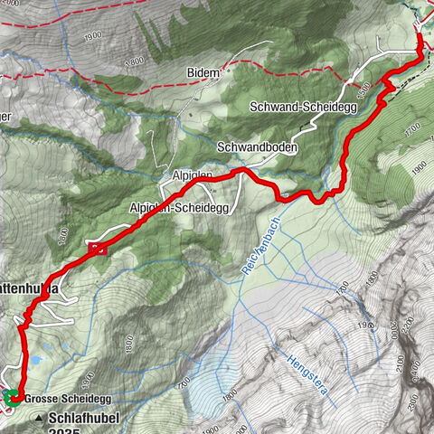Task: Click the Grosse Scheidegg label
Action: tap(60, 398)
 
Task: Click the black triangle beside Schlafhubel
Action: tap(39, 419)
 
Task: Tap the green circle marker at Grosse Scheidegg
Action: tap(10, 396)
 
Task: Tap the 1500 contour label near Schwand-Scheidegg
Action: tap(363, 90)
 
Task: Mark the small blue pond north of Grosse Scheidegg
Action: tap(34, 360)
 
